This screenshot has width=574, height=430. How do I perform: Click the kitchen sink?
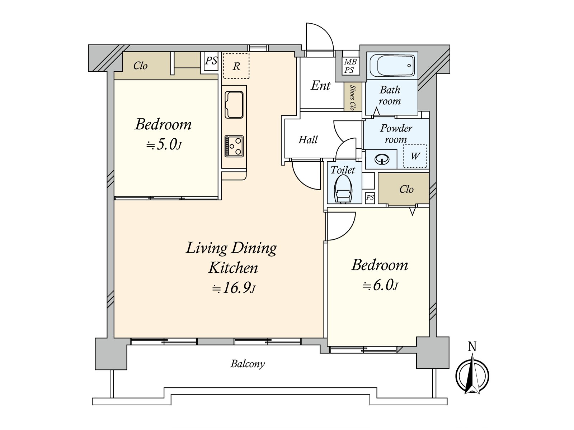pos(234,104)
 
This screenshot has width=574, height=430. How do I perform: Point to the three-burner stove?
pos(234,146)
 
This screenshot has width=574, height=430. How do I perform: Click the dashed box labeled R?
pos(236,66)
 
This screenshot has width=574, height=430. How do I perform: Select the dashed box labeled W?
pos(415,156)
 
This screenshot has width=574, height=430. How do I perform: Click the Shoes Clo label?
pos(352,97)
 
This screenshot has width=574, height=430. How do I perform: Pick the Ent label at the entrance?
pos(320,86)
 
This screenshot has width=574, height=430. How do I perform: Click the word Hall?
pos(308,140)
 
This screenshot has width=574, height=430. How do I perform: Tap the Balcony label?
pos(248,364)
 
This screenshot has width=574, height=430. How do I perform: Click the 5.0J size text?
pos(164,145)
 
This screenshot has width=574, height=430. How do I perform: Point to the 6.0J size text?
pos(380,286)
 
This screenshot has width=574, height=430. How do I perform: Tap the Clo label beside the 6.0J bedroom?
pos(406,189)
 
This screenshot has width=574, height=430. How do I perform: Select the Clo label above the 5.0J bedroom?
pos(140,66)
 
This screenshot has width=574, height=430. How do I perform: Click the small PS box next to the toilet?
pos(370,198)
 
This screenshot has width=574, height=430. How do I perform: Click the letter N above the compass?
pos(472,347)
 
